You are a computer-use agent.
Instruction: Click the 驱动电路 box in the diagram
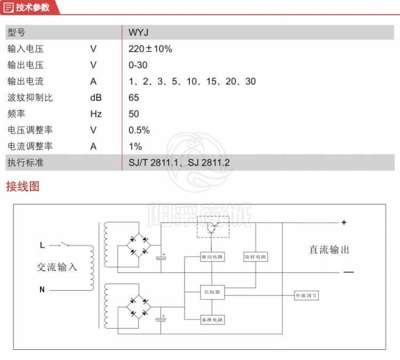click(212, 257)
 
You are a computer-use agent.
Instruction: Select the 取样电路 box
click(255, 257)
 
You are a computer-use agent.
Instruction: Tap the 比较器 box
click(212, 292)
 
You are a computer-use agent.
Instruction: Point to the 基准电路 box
click(212, 319)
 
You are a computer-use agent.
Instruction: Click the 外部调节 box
click(307, 295)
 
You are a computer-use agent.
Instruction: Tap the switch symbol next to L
click(66, 245)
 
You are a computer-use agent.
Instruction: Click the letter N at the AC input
click(42, 290)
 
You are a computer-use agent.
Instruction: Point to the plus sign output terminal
click(344, 222)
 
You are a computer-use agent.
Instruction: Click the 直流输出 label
click(330, 250)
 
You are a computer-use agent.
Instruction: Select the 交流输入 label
click(57, 267)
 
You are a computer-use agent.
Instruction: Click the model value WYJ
click(137, 33)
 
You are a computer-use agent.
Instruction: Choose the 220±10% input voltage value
click(150, 49)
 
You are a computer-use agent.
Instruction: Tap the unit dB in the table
click(96, 98)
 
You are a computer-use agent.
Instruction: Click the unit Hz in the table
click(96, 114)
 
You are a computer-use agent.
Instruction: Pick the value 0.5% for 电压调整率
click(139, 130)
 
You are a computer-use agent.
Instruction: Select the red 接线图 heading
click(22, 186)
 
